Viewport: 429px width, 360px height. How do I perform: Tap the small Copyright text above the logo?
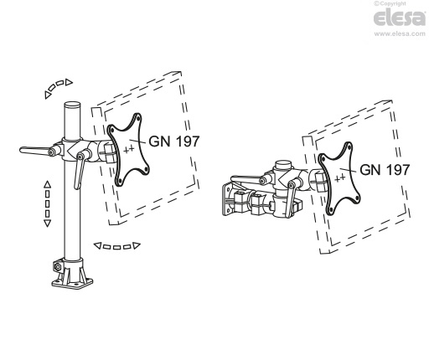[397, 4]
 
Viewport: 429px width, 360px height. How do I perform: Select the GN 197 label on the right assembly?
[385, 169]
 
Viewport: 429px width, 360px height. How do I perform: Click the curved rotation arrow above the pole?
[59, 86]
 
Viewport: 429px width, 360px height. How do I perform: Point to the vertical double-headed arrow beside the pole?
[47, 203]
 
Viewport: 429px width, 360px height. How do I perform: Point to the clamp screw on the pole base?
[58, 267]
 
